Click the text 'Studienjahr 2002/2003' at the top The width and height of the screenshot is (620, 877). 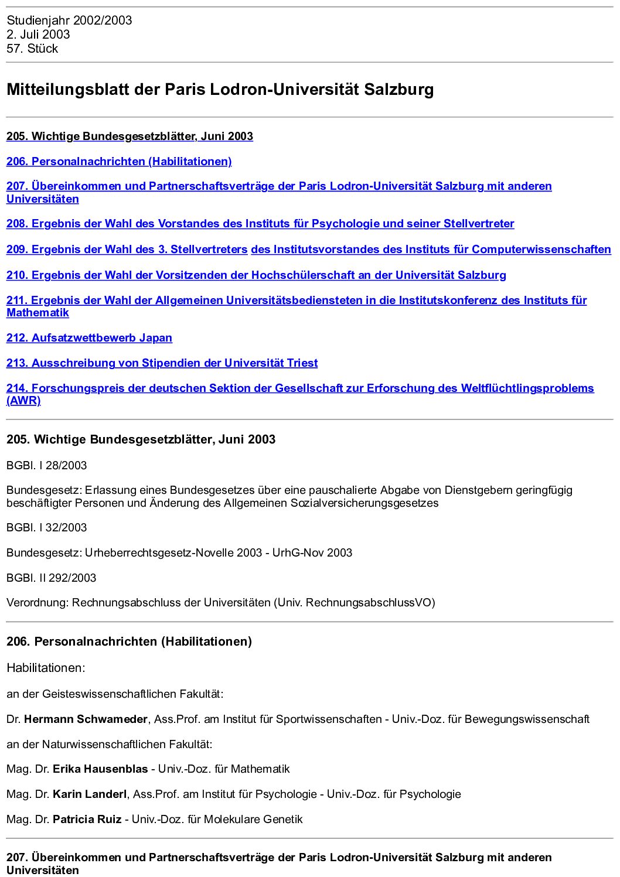pos(69,21)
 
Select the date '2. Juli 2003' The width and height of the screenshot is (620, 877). pos(38,35)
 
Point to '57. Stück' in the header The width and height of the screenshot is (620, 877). pos(32,49)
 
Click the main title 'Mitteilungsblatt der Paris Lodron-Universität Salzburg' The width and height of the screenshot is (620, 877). pos(220,90)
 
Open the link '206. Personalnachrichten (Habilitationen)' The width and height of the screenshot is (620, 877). pos(119,161)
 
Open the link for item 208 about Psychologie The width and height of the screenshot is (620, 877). pos(260,224)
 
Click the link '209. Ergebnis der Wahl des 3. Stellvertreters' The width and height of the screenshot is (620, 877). pos(127,250)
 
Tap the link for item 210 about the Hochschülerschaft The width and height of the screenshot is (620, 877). pos(256,275)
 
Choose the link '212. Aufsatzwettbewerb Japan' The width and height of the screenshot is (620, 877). pos(89,338)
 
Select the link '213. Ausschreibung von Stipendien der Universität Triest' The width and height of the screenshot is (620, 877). pos(162,363)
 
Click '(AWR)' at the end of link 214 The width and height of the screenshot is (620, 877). pos(23,401)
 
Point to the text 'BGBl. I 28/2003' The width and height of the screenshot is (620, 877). pos(46,466)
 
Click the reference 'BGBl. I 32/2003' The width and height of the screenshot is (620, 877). pos(46,528)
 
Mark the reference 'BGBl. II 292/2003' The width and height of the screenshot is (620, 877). pos(51,578)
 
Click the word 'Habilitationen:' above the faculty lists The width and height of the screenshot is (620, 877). pos(46,668)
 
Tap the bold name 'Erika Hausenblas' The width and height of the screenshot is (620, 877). pos(100,769)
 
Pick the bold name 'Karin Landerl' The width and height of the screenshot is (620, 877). pos(89,794)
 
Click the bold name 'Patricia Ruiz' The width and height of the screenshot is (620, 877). pos(87,820)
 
